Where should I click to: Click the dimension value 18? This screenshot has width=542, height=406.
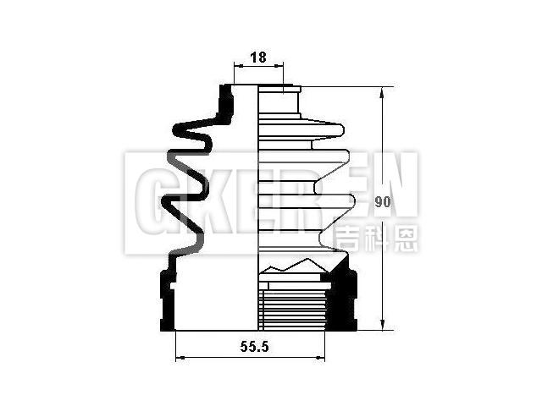point(258,58)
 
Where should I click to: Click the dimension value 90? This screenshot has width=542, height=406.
point(383,202)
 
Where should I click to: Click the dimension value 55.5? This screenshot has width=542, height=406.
point(254,346)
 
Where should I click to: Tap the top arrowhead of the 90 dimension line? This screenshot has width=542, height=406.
point(382,92)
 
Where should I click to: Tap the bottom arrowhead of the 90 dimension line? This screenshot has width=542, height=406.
point(382,325)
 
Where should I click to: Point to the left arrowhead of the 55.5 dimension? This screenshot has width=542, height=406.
point(180,358)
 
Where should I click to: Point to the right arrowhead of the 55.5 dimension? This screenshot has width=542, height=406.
point(320,358)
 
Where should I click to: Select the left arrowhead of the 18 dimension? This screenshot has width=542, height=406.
point(239,65)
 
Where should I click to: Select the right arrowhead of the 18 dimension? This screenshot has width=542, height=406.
point(279,65)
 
